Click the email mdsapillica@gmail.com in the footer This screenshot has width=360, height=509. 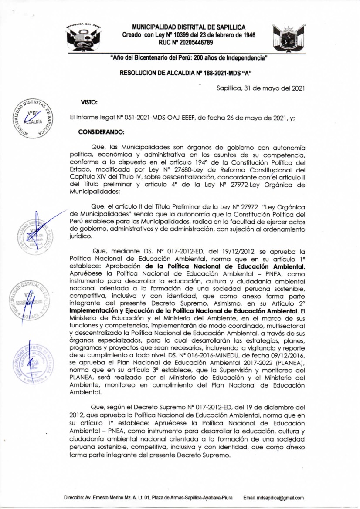pos(274,498)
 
